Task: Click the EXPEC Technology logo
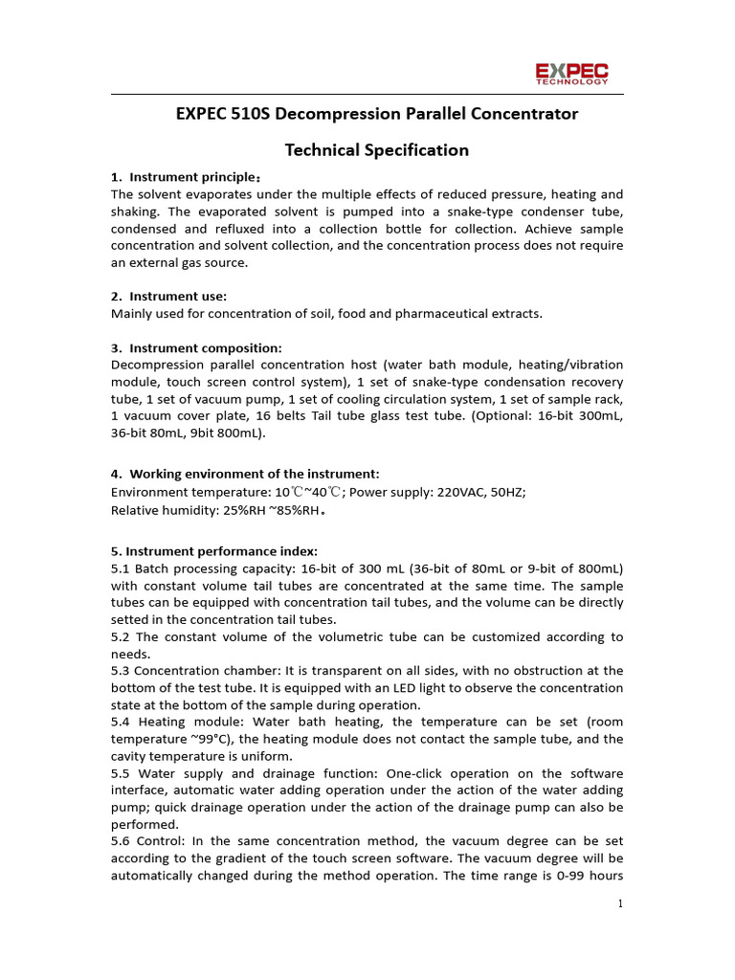pos(570,73)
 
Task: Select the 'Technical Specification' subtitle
pos(377,150)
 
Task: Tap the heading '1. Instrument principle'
pos(186,177)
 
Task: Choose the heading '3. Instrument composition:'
pos(196,347)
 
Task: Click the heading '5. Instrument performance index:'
pos(214,551)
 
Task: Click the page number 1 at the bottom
pos(620,903)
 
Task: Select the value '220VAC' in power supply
pos(463,492)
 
